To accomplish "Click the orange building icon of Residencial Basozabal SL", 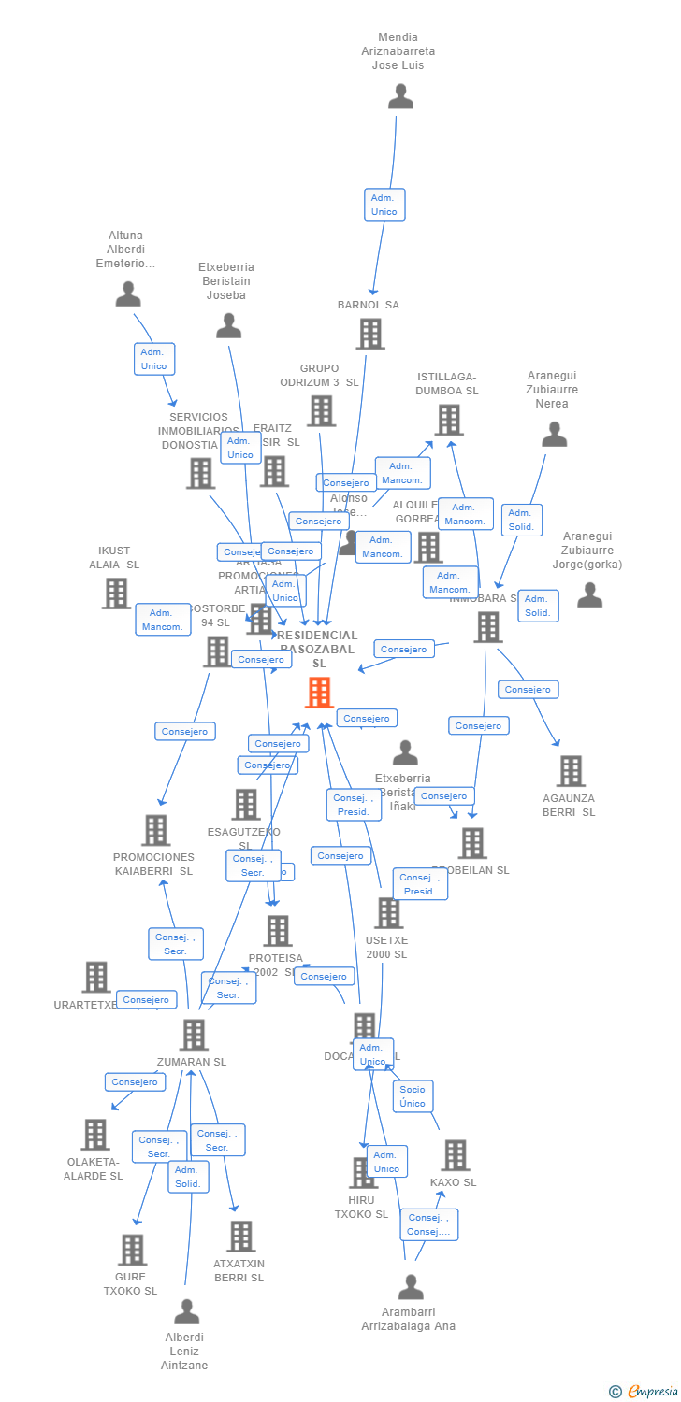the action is (x=319, y=693).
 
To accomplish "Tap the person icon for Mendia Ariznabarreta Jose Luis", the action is (x=400, y=96).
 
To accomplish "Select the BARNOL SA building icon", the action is (x=370, y=334).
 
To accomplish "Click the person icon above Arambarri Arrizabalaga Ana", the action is (x=411, y=1287).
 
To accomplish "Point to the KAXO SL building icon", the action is (x=455, y=1155).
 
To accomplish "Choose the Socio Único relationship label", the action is (x=412, y=1096).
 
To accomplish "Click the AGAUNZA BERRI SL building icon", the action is (x=571, y=771).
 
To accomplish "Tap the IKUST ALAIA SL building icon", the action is (x=115, y=593).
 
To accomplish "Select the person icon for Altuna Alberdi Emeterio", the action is (x=128, y=294).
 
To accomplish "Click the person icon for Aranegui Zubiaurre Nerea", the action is (x=555, y=435).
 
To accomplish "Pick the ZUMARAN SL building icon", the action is (x=194, y=1035).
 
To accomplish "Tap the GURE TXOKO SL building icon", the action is (x=132, y=1250).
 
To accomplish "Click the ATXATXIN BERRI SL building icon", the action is (x=240, y=1236).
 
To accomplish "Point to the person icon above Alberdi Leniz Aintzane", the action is (x=187, y=1312).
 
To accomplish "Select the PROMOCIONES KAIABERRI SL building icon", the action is (x=155, y=830).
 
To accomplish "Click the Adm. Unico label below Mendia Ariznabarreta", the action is (x=384, y=205).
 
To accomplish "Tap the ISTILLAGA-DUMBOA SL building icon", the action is (x=448, y=420).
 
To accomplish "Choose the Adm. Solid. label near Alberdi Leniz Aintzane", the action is (x=188, y=1177).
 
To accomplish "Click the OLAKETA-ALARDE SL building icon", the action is (x=95, y=1135).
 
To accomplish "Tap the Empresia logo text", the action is (x=652, y=1392).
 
